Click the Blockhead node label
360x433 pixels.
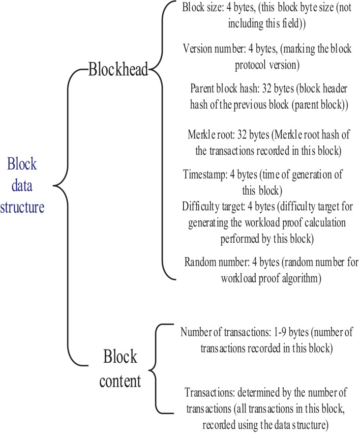pyautogui.click(x=118, y=70)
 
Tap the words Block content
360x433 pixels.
pyautogui.click(x=120, y=367)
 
